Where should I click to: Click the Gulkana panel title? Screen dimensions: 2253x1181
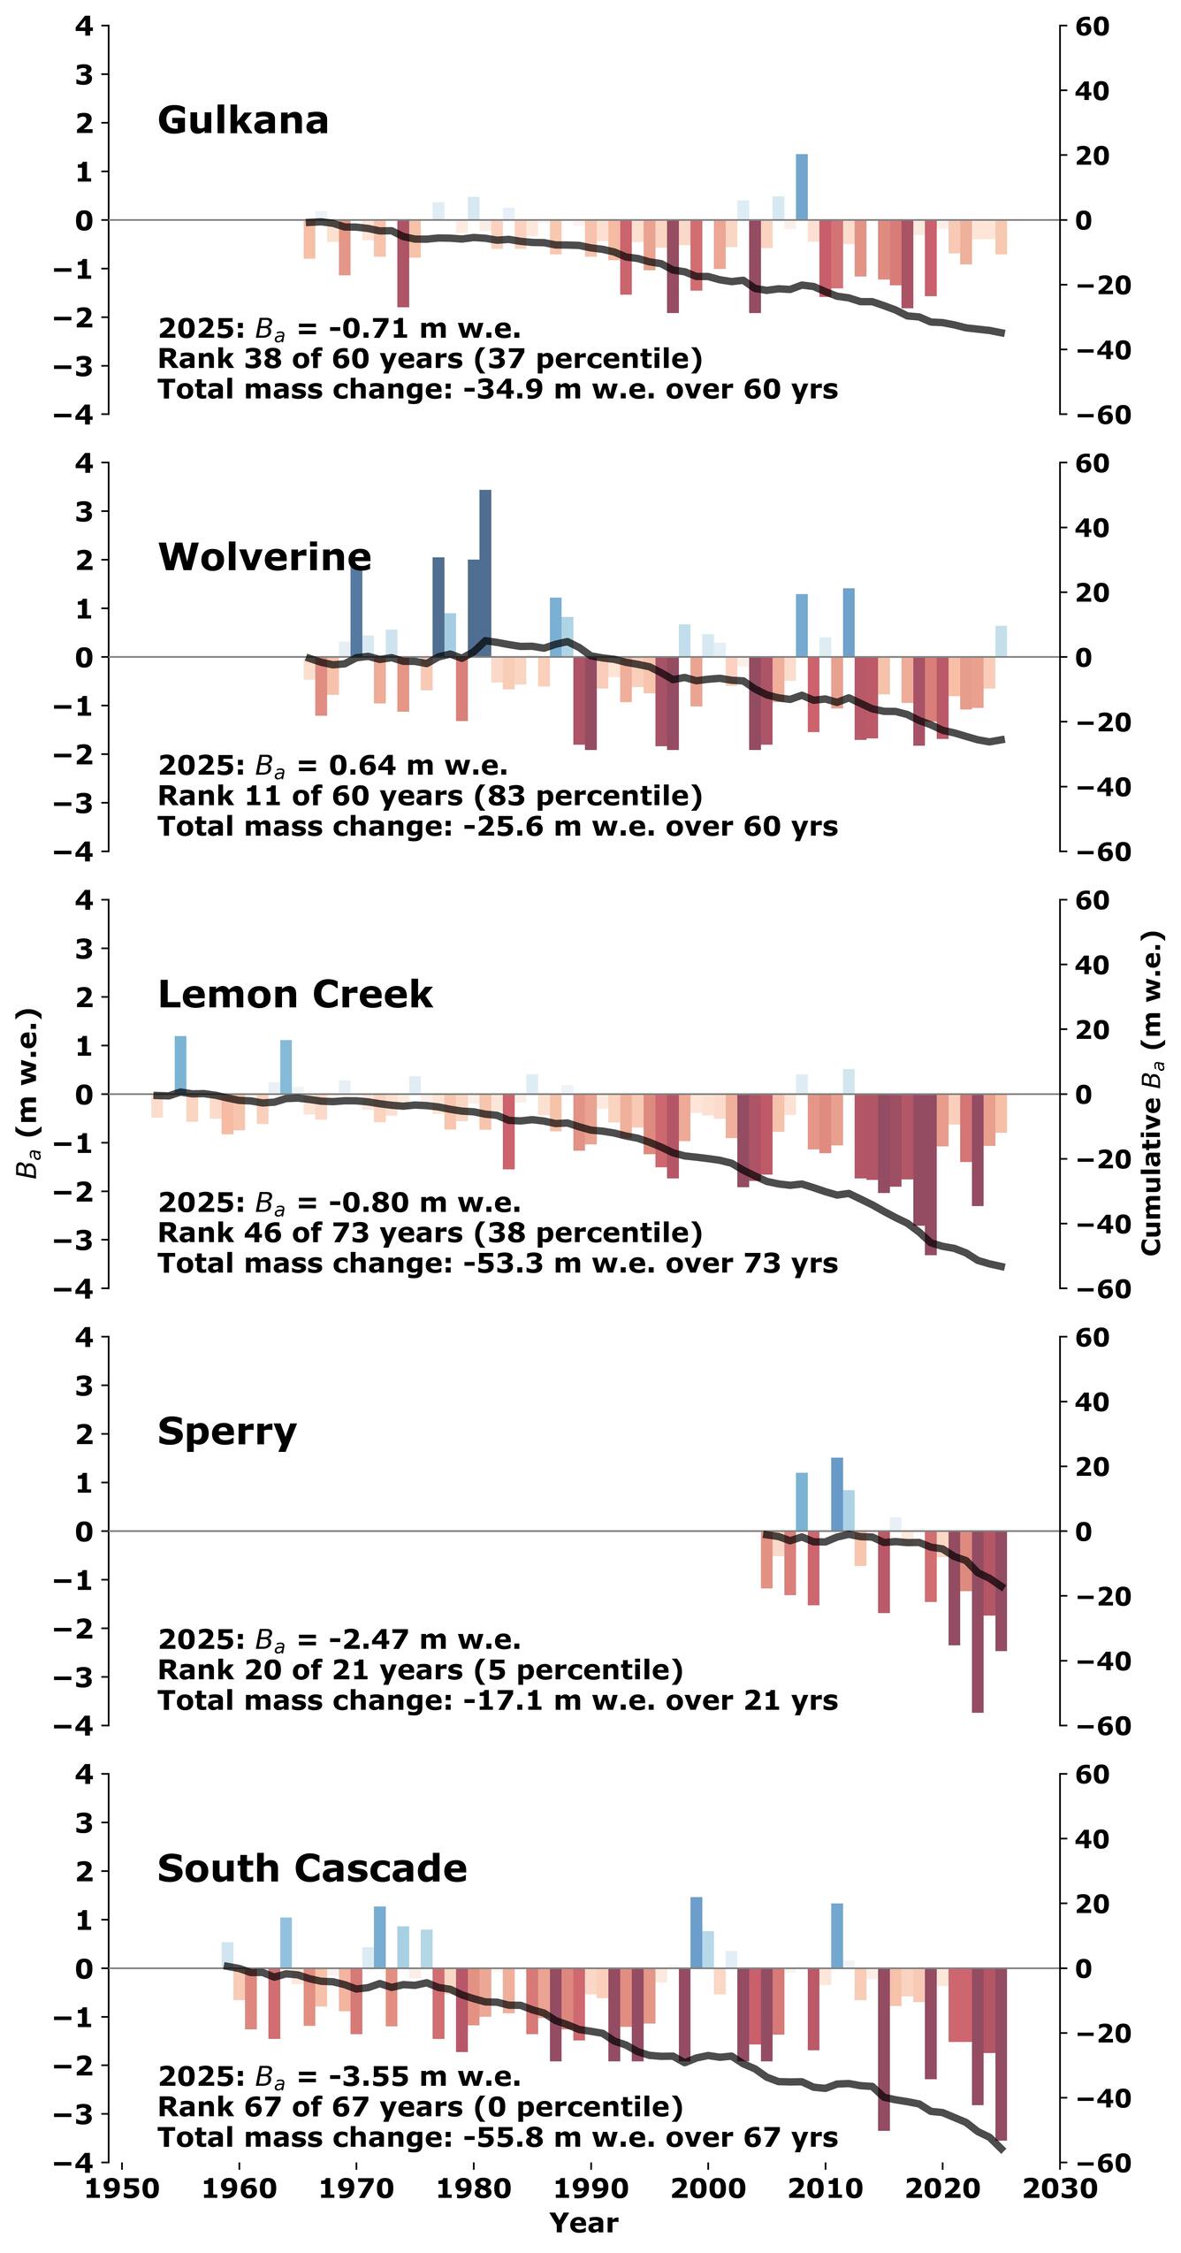tap(243, 120)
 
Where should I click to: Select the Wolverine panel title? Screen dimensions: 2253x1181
tap(264, 557)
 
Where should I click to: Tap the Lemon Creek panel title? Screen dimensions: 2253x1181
tap(295, 995)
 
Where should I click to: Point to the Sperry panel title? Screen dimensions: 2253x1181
tap(227, 1432)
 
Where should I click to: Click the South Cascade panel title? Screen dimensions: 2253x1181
tap(312, 1868)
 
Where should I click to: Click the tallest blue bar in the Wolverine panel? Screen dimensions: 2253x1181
tap(485, 573)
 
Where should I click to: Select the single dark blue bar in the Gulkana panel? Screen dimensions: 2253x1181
tap(802, 187)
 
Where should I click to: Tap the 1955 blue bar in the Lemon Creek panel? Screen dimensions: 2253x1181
tap(180, 1065)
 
